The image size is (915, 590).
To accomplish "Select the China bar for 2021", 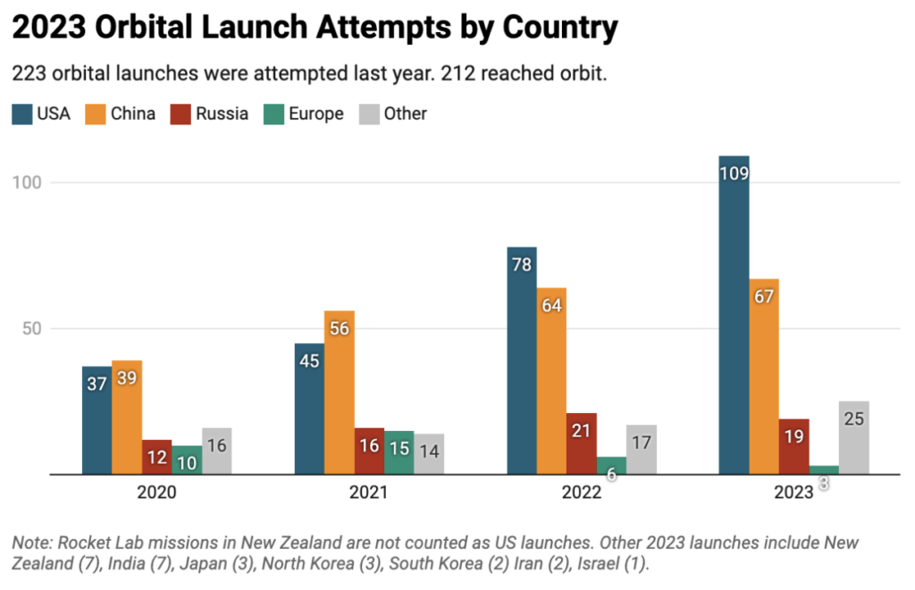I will click(x=339, y=392).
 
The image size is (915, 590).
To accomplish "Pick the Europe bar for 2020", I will click(x=187, y=459).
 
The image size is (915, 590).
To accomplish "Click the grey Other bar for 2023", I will click(x=853, y=437).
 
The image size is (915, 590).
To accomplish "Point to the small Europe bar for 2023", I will click(x=824, y=469).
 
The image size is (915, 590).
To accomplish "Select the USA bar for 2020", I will click(x=97, y=420).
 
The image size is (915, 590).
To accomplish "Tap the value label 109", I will click(x=734, y=172).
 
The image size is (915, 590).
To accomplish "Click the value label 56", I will click(x=339, y=327).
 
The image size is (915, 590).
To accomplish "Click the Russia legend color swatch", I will click(x=185, y=114).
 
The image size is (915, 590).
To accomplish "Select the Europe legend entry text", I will click(x=316, y=114).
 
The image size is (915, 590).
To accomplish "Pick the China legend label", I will click(x=133, y=114).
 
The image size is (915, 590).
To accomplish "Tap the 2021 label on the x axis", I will click(x=369, y=493).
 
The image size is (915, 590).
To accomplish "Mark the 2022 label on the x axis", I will click(x=581, y=493).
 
